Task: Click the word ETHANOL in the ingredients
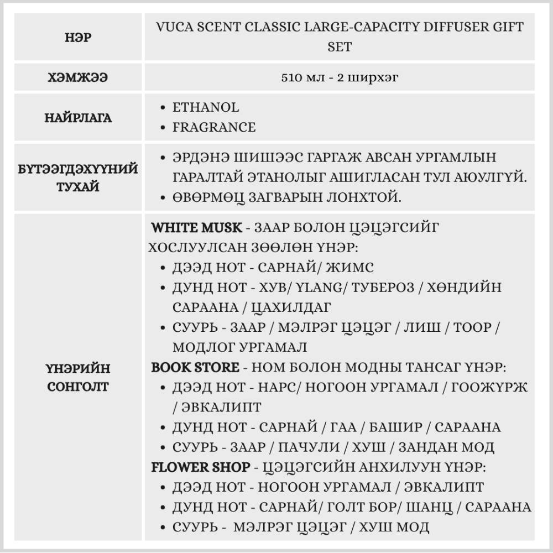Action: [206, 107]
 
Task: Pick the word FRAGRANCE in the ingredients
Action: [214, 127]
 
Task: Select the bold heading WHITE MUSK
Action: [196, 228]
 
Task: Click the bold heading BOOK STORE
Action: [195, 367]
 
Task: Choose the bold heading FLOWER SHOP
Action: [200, 467]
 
